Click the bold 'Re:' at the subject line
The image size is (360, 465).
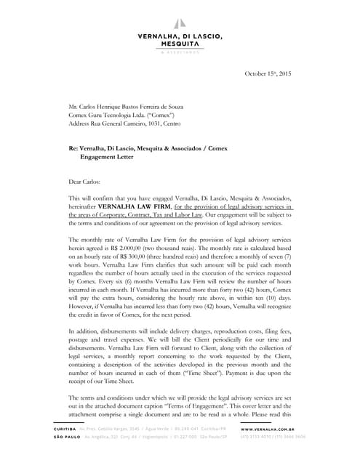click(74, 148)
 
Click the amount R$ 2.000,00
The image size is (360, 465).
click(152, 248)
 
